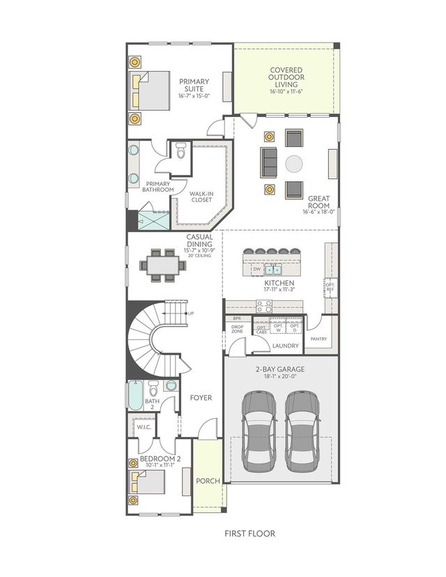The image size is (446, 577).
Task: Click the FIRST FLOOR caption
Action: pyautogui.click(x=249, y=534)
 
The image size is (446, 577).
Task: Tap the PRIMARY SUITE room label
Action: pyautogui.click(x=194, y=86)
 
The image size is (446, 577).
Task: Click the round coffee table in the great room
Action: pyautogui.click(x=294, y=164)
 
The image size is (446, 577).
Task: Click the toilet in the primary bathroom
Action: pyautogui.click(x=181, y=150)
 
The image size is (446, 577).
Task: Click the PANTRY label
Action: pyautogui.click(x=320, y=339)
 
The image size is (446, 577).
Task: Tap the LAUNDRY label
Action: pyautogui.click(x=286, y=345)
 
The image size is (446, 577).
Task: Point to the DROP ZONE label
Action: pyautogui.click(x=238, y=330)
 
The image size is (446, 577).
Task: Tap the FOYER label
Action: pyautogui.click(x=201, y=398)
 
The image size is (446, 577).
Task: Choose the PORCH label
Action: pyautogui.click(x=208, y=481)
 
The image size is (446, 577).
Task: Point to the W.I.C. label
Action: pyautogui.click(x=144, y=426)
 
